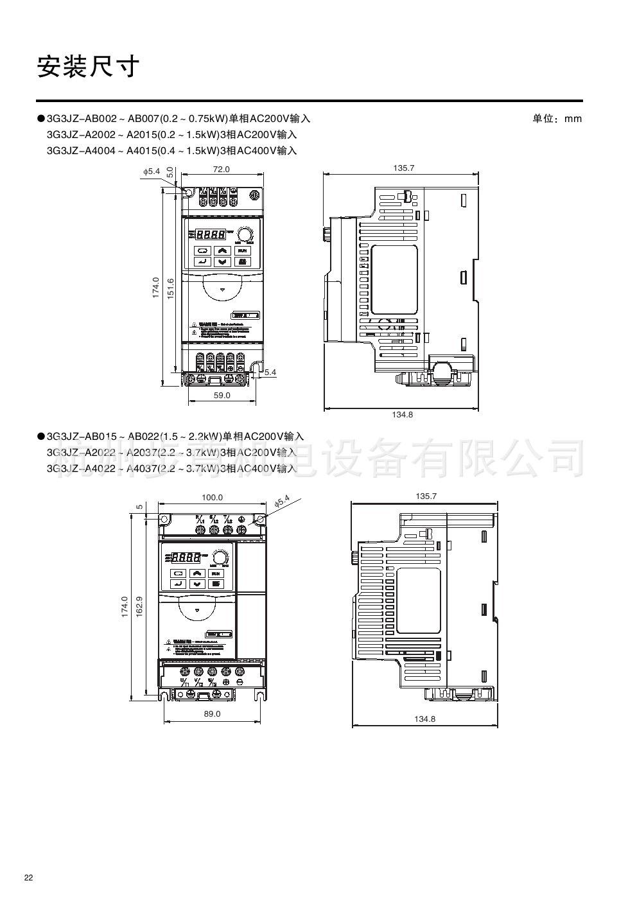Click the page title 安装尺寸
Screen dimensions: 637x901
(88, 66)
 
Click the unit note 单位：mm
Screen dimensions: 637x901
(557, 119)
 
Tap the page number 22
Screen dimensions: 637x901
(28, 878)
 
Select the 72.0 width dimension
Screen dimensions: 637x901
(222, 170)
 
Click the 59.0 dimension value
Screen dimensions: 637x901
(222, 396)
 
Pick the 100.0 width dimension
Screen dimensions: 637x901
(212, 498)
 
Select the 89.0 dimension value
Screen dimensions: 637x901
(212, 713)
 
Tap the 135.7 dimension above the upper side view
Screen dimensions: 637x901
(404, 168)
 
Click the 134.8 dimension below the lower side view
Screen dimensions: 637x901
(424, 719)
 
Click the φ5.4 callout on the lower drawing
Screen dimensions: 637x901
(282, 502)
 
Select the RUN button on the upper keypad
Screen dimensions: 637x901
(242, 251)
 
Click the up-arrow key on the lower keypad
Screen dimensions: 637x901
(197, 573)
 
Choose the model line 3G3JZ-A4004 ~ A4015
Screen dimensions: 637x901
(171, 150)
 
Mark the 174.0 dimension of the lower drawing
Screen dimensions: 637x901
(125, 608)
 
